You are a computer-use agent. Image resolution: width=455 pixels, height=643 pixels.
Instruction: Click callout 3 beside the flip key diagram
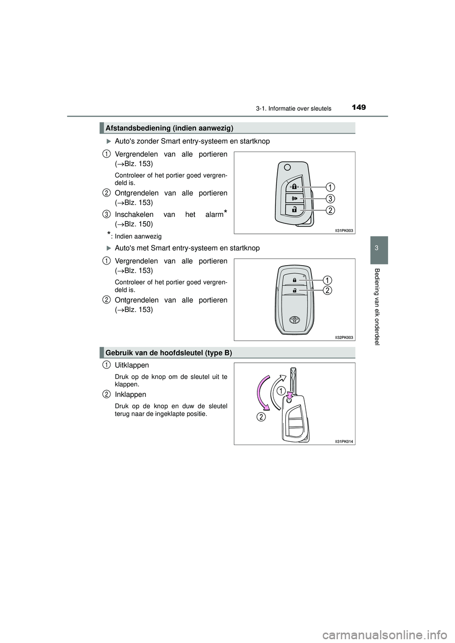[x=330, y=197]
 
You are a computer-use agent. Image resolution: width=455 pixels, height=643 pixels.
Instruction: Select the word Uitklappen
[x=132, y=366]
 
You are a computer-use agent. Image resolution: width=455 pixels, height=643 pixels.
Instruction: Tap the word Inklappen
[x=130, y=394]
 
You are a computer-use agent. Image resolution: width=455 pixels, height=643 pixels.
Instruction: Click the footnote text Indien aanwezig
[x=138, y=236]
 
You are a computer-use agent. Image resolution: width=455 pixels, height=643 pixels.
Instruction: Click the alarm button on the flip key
[x=294, y=198]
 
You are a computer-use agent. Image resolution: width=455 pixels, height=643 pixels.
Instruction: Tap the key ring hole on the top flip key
[x=287, y=167]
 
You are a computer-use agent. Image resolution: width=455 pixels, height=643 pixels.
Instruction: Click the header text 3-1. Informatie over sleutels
[x=293, y=108]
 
